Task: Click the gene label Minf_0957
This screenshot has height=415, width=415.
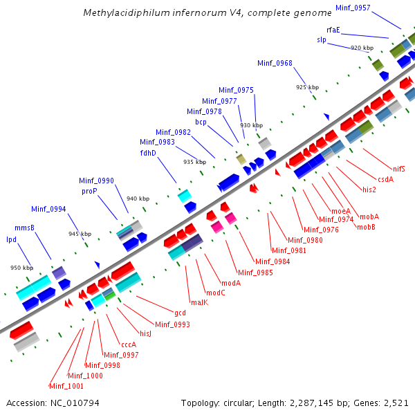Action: [353, 7]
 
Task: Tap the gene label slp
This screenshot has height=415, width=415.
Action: [322, 40]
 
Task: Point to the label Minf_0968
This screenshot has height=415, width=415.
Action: [275, 63]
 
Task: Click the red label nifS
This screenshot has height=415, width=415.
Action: [399, 168]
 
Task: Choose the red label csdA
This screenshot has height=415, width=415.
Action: [385, 179]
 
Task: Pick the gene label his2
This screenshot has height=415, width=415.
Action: [369, 190]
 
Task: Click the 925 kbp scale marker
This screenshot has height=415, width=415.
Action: [308, 88]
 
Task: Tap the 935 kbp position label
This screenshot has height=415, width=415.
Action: [195, 162]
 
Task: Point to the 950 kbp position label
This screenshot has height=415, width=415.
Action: [21, 268]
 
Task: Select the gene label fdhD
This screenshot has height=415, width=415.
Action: [148, 153]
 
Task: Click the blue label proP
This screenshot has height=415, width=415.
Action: [89, 191]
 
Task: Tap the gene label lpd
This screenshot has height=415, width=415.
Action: [11, 239]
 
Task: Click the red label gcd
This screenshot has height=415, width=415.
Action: [180, 313]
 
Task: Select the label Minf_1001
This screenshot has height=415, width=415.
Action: [66, 386]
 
